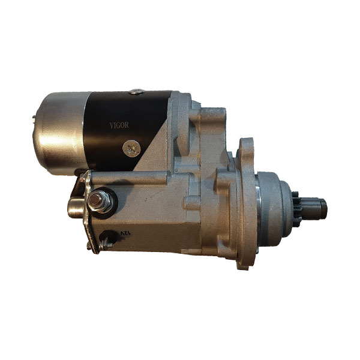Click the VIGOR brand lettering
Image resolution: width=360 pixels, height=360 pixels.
tap(119, 125)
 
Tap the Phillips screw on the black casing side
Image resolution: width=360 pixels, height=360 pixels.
tap(131, 148)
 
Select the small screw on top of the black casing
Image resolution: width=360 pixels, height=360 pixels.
tap(137, 92)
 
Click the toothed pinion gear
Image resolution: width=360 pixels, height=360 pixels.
tap(296, 209)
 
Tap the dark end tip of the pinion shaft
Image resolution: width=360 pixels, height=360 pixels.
tap(324, 209)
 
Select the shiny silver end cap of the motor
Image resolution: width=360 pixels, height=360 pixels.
tap(59, 133)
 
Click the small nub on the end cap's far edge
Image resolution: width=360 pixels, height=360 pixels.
tap(34, 117)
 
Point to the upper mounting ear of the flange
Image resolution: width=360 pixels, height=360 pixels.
tap(246, 147)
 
